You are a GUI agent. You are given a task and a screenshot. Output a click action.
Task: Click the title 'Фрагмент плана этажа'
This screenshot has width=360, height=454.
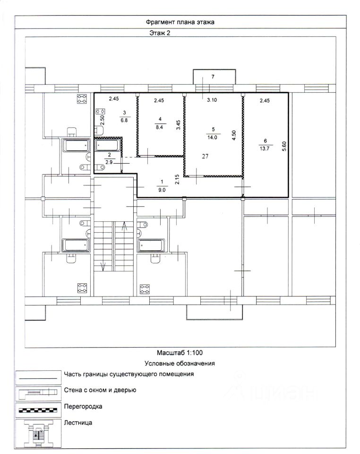tap(180, 22)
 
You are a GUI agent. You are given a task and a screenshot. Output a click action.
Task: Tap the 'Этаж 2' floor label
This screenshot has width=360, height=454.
tap(160, 33)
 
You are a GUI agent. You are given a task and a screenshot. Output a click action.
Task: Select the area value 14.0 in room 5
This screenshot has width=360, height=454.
tap(212, 138)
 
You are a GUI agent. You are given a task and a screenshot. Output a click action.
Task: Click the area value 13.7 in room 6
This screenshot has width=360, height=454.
tap(265, 148)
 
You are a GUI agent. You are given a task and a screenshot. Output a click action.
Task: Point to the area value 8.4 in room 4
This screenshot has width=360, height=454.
tap(159, 127)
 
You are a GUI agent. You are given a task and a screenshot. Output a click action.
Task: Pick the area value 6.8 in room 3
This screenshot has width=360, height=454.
tap(124, 120)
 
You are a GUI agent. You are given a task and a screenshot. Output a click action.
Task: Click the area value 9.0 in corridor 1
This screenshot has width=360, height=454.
tap(162, 190)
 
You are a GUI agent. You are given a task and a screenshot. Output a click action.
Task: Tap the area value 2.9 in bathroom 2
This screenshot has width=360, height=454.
tap(109, 162)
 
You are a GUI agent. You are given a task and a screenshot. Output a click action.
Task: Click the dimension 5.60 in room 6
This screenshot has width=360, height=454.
tap(284, 146)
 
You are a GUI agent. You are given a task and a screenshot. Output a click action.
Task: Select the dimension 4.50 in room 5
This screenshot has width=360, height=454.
tap(234, 135)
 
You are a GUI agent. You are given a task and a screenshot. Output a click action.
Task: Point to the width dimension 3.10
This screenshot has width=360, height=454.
tap(212, 100)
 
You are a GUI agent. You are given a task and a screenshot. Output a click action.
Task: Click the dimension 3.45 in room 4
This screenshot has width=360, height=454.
tap(179, 125)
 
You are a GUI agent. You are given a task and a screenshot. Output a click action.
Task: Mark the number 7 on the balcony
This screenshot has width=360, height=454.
tap(213, 77)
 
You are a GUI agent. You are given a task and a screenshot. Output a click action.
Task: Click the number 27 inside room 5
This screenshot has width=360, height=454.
tap(205, 157)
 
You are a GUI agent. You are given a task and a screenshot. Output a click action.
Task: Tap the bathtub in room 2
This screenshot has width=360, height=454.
tap(107, 145)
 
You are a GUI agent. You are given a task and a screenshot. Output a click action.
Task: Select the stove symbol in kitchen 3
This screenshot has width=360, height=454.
tap(100, 111)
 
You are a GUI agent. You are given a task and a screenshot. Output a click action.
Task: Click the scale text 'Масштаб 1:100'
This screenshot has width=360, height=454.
tap(180, 353)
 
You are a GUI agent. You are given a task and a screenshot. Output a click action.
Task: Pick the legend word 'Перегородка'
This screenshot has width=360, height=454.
tap(83, 407)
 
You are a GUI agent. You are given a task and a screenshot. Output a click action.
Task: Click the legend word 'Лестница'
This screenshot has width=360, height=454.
tap(78, 423)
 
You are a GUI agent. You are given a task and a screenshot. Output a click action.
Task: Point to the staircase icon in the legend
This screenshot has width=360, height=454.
tap(38, 433)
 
